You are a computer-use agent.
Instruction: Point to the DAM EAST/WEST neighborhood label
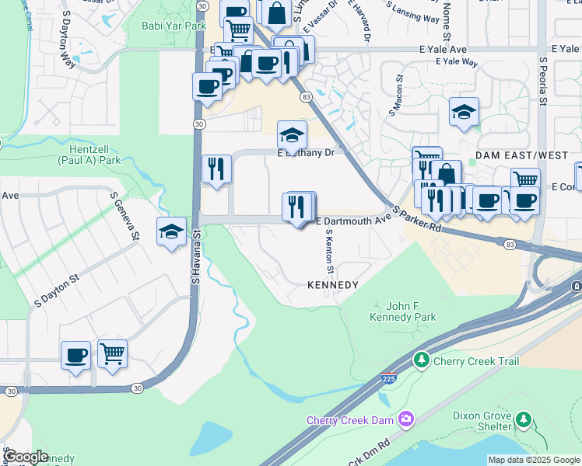(x=521, y=155)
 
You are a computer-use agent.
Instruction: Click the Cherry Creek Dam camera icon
(x=405, y=420)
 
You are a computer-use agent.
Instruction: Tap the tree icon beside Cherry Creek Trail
(x=421, y=360)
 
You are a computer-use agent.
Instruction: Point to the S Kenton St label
(x=329, y=251)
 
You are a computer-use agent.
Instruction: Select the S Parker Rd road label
(x=416, y=219)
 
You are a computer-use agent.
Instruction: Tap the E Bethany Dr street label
(x=306, y=153)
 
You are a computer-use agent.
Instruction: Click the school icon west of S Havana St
(x=171, y=231)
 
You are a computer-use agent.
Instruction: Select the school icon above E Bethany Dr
(x=291, y=133)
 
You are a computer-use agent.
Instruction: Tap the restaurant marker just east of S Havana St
(x=215, y=169)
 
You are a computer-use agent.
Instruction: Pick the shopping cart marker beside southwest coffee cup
(x=113, y=354)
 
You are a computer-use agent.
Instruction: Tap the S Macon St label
(x=394, y=94)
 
